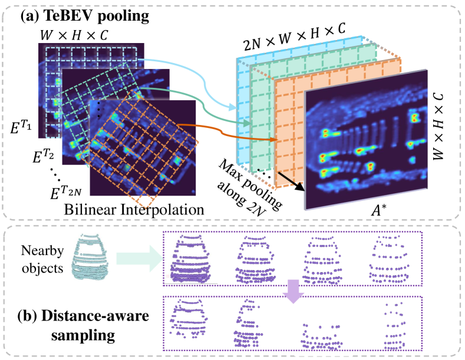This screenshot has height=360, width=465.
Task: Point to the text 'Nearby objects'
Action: pos(39,258)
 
